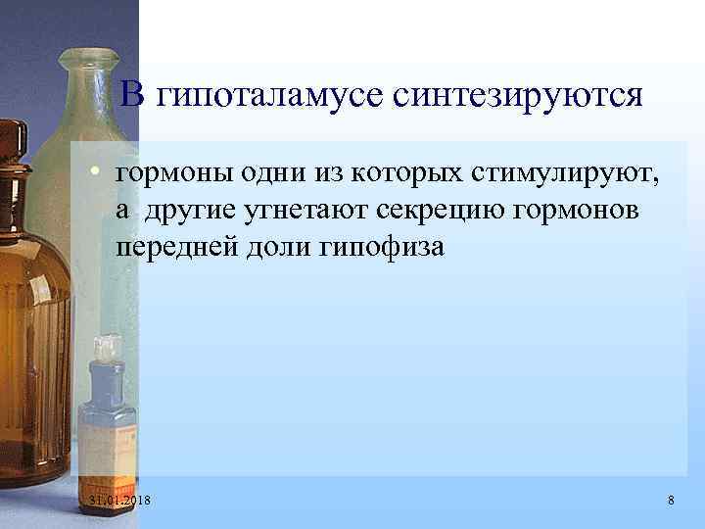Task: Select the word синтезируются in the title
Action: tap(518, 95)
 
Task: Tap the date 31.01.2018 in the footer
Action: tap(125, 501)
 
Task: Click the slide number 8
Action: tap(670, 501)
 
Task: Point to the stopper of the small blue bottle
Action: tap(106, 347)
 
